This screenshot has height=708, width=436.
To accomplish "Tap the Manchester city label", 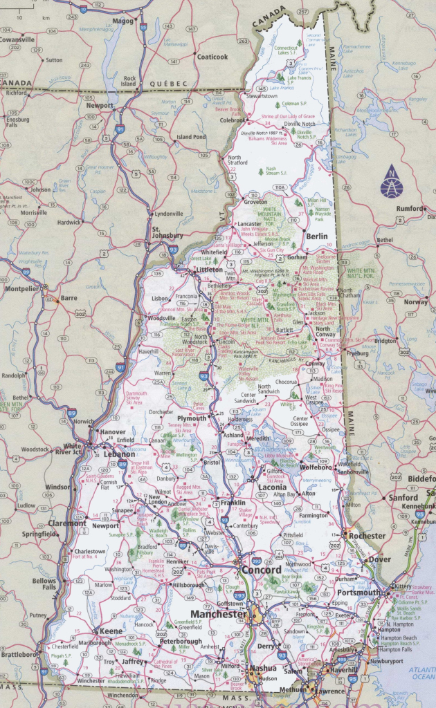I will [x=219, y=614].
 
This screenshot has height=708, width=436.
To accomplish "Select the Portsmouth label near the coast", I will [x=358, y=593].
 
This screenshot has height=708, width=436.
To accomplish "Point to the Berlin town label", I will [x=316, y=236].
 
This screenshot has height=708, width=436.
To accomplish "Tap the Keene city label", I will [x=111, y=631].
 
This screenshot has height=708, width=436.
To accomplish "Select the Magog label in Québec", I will [x=122, y=21].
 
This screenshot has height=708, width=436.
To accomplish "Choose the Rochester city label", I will [x=367, y=536].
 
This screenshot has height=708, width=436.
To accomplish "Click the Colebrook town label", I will [x=233, y=120].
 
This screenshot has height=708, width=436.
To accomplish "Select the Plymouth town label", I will [x=192, y=419].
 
